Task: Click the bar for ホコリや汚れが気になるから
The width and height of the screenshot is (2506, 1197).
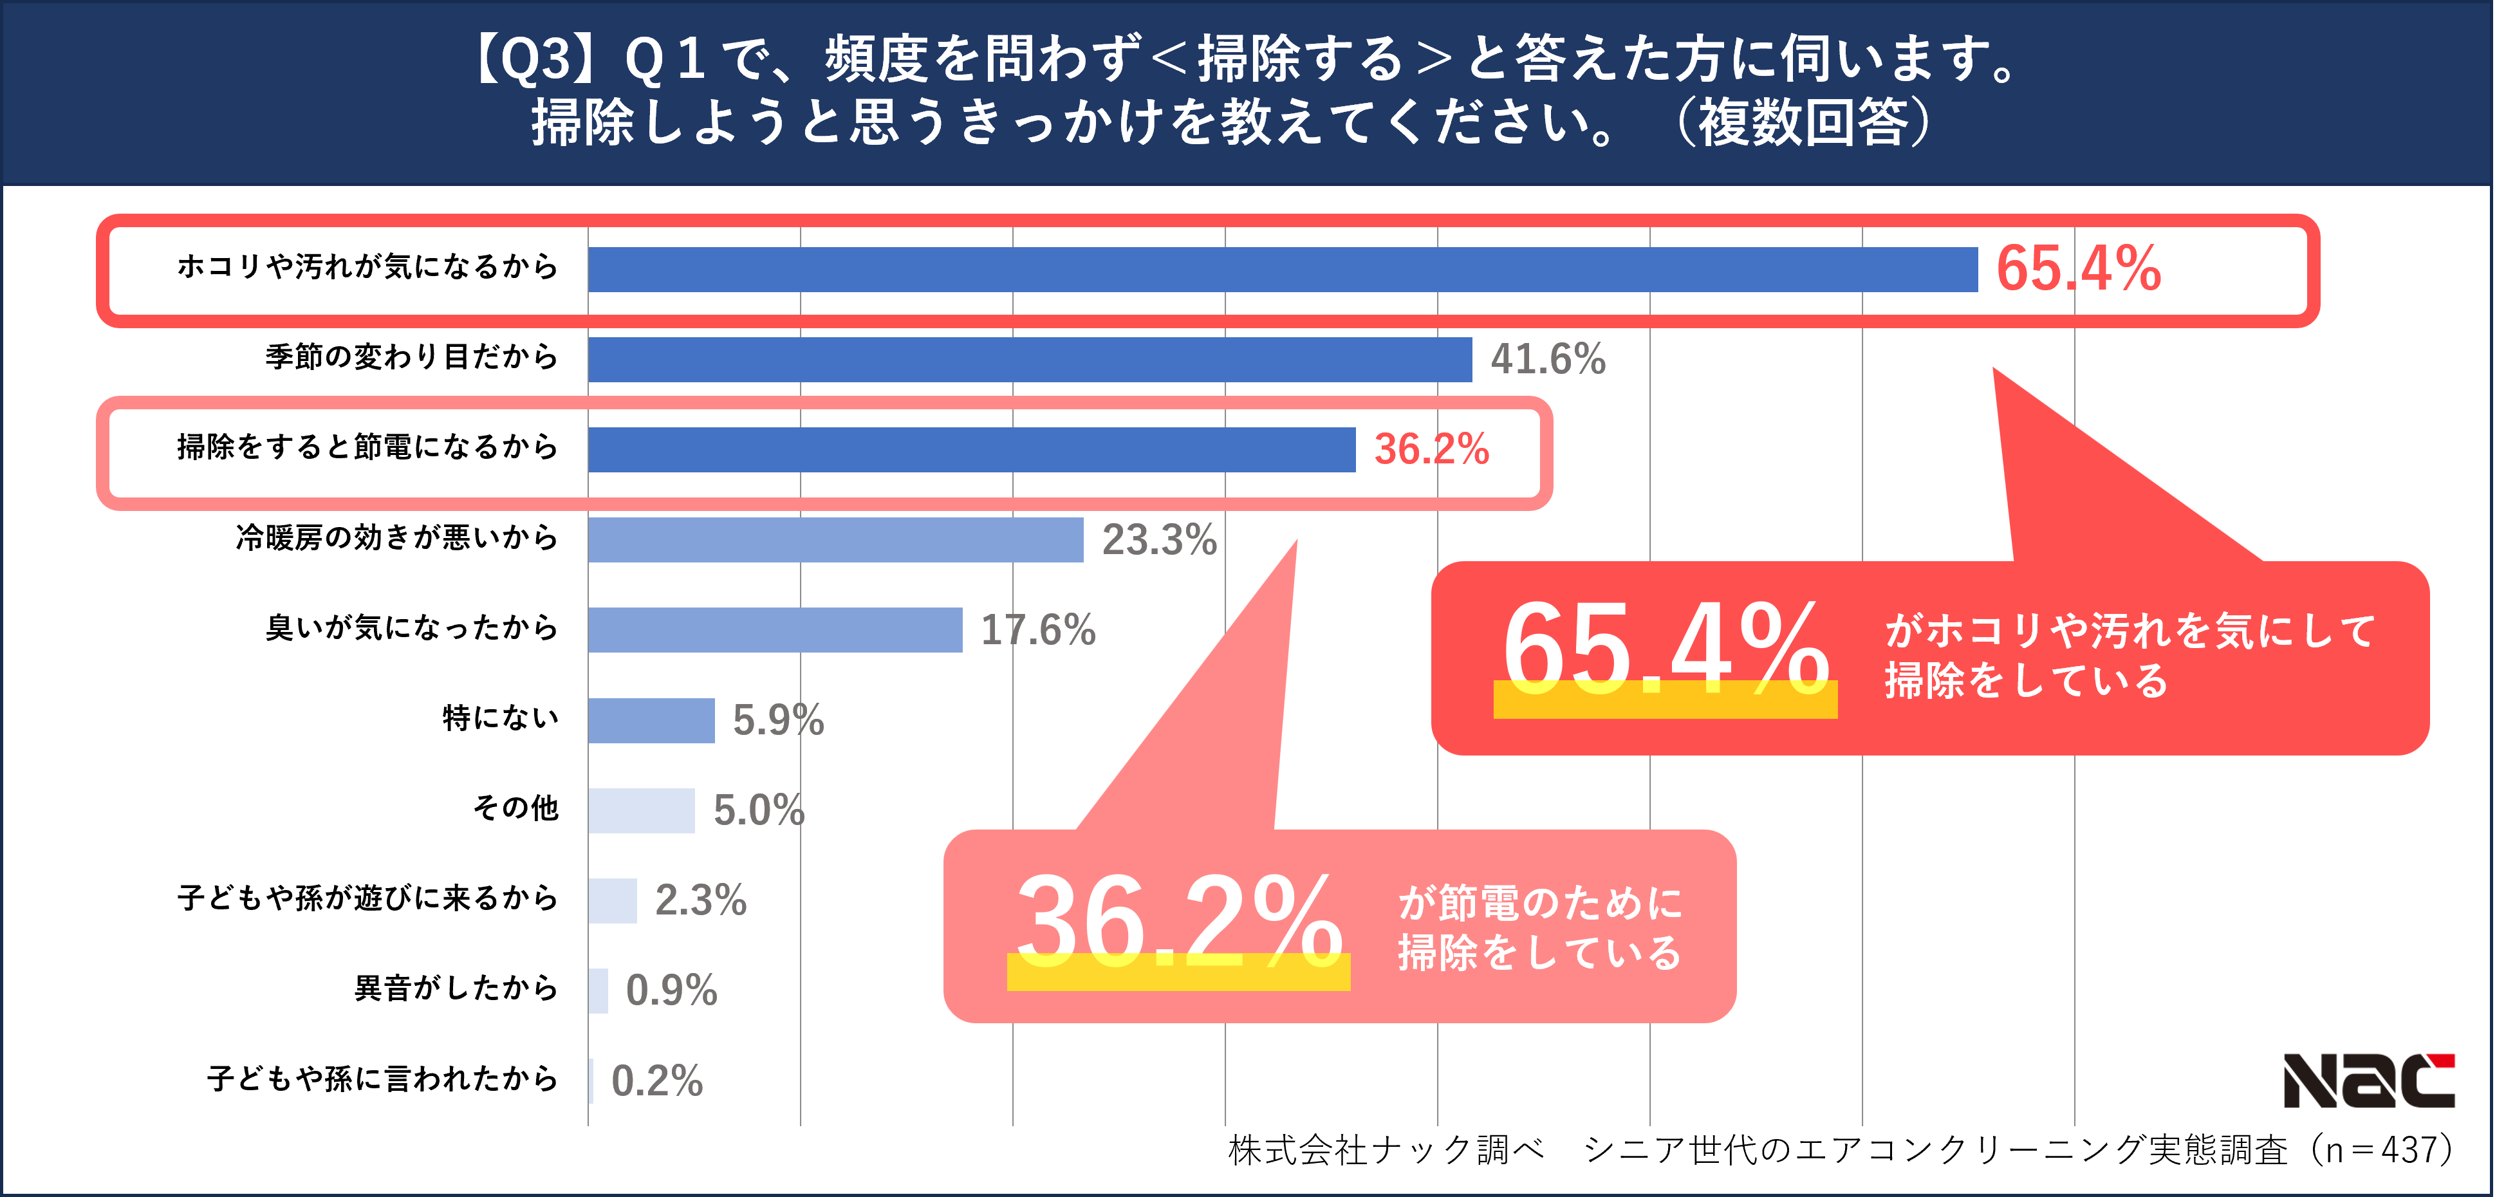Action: [1282, 270]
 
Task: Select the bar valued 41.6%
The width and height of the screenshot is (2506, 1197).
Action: [1029, 359]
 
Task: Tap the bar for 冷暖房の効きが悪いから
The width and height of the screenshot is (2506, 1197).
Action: [835, 540]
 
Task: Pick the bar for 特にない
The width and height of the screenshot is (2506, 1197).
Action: [651, 720]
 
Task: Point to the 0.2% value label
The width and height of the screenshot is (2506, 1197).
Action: [656, 1081]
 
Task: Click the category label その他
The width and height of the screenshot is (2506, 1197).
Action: [515, 808]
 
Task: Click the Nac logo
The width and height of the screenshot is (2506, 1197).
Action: [2369, 1081]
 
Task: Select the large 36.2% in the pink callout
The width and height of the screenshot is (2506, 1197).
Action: [1178, 920]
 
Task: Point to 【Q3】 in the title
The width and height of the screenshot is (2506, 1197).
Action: [533, 59]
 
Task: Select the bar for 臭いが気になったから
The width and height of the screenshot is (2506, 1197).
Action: [774, 629]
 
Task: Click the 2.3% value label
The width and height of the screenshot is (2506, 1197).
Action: [700, 900]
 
